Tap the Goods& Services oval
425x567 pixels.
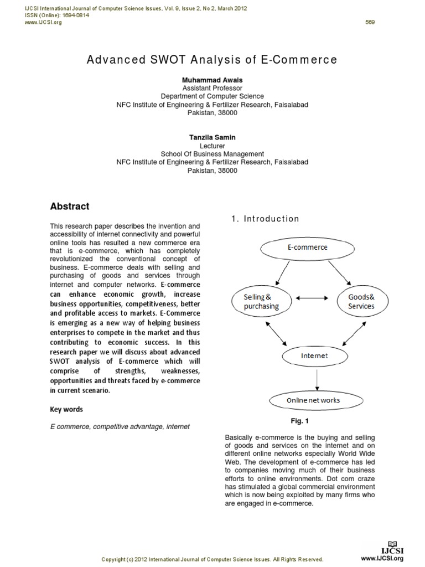[361, 302]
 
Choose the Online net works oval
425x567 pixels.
[313, 400]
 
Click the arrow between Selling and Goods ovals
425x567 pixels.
[313, 298]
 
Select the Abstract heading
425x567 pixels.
[70, 206]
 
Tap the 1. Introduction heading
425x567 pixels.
[265, 219]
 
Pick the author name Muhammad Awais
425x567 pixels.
[212, 80]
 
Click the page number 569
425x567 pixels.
[370, 22]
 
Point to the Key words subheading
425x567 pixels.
[66, 410]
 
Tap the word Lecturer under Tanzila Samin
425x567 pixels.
[212, 146]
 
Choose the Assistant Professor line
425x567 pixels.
[212, 88]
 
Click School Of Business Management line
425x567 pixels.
[212, 154]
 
